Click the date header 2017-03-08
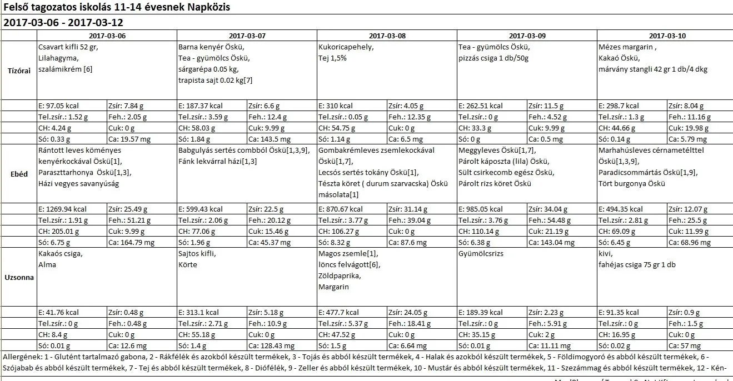point(387,36)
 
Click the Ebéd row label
point(19,174)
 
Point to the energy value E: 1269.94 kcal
point(63,209)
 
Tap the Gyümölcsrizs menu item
point(481,254)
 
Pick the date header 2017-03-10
point(667,36)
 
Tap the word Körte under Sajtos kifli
point(188,264)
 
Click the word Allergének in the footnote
point(21,356)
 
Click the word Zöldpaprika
point(339,275)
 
